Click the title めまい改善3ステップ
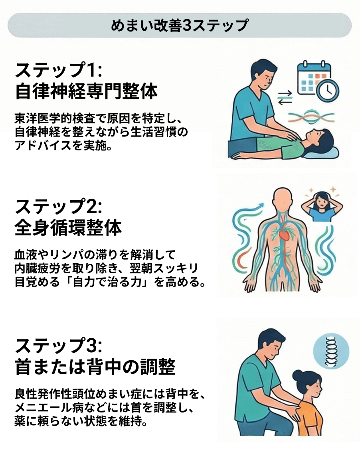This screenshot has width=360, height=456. pos(180,25)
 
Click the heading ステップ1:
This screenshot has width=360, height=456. pos(59,70)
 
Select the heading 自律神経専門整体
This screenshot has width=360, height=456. pos(86,91)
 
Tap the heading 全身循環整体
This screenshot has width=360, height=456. pos(68,227)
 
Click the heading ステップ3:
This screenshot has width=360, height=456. pos(59,345)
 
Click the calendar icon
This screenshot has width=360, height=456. pos(313,78)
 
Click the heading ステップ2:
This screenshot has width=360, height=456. pos(59,206)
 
